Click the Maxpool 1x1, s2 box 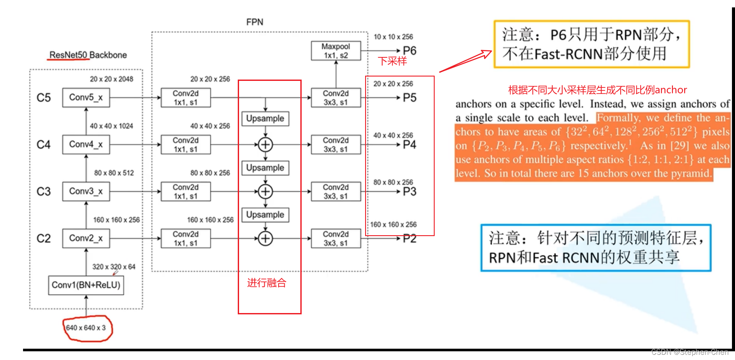(336, 51)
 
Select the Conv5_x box (86, 97)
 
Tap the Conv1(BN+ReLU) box (86, 285)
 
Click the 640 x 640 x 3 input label (86, 328)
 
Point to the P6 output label (409, 51)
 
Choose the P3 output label (409, 192)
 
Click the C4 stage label (43, 145)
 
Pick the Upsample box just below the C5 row (265, 119)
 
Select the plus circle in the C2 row (265, 238)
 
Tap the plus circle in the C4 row (265, 144)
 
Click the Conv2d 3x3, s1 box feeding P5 (336, 98)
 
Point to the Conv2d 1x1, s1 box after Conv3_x (186, 192)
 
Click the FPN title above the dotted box (255, 22)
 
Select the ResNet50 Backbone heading (88, 55)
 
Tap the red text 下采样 (392, 61)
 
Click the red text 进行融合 (267, 283)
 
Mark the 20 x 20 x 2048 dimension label (112, 79)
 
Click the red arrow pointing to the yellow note (465, 61)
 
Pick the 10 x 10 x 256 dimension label (393, 37)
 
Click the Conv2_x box (86, 238)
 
